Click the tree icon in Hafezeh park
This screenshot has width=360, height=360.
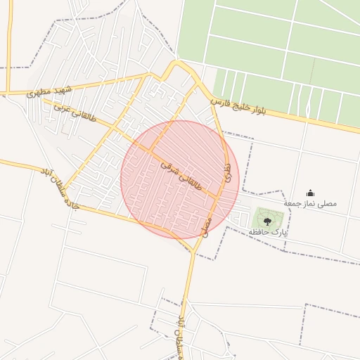pyautogui.click(x=267, y=221)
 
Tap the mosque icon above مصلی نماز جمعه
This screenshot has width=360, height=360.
pyautogui.click(x=310, y=193)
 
